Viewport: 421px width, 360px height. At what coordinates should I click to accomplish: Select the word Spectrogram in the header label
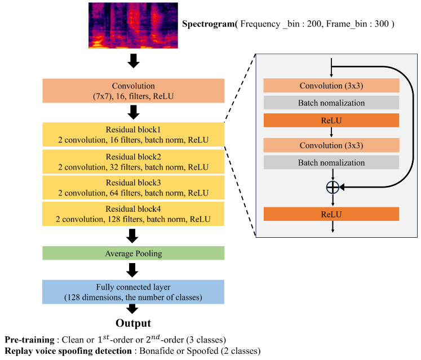point(207,25)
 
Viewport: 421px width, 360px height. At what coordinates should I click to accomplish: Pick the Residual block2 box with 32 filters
point(133,162)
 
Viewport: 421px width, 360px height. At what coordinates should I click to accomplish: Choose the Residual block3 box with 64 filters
point(133,188)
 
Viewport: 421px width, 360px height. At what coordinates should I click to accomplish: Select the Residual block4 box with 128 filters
point(133,214)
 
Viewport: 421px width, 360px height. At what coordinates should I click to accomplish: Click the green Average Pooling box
point(133,253)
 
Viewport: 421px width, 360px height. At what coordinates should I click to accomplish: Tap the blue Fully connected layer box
point(133,291)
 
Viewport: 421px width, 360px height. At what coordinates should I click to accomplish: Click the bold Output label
point(133,323)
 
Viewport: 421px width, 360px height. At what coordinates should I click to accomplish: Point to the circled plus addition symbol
point(333,188)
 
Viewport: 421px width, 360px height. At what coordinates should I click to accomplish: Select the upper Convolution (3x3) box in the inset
point(331,86)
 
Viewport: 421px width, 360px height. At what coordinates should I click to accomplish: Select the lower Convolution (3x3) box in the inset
point(331,145)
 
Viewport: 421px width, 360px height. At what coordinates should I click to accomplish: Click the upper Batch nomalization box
point(331,103)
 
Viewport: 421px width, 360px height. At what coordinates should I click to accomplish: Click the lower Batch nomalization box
point(331,162)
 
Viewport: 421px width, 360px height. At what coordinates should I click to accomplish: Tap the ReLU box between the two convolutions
point(331,120)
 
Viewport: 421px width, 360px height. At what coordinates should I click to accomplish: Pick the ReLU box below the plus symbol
point(331,214)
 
